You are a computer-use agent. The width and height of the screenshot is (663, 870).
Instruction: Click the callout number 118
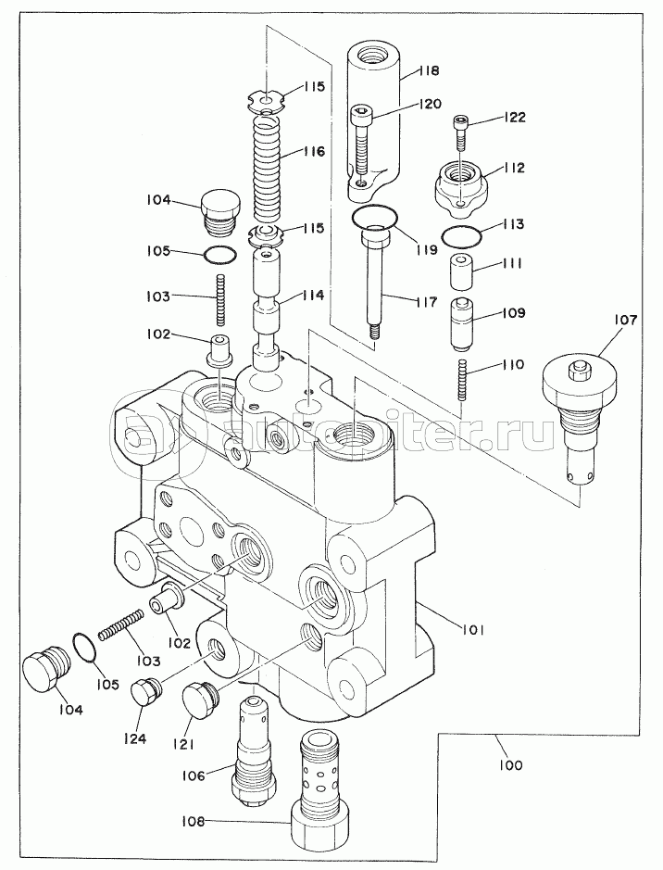tap(429, 70)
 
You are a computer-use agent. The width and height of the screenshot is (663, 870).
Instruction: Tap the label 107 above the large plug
tap(625, 321)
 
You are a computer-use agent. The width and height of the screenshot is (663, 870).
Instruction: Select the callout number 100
tap(510, 765)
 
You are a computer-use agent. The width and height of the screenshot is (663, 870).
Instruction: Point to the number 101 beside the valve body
tap(473, 630)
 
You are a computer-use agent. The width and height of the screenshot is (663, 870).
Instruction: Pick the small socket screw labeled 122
tap(461, 132)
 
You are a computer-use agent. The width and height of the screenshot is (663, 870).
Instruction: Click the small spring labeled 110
tap(461, 380)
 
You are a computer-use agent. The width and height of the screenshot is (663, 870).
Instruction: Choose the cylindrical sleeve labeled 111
tap(460, 271)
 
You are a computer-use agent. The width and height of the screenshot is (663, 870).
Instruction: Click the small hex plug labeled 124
tap(145, 692)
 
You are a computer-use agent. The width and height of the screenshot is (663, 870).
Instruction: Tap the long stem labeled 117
tap(373, 283)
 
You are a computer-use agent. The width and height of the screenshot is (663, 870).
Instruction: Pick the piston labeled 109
tap(460, 324)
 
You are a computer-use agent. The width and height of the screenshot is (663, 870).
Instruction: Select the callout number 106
tap(193, 775)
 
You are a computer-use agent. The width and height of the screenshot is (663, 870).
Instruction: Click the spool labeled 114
tap(267, 309)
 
